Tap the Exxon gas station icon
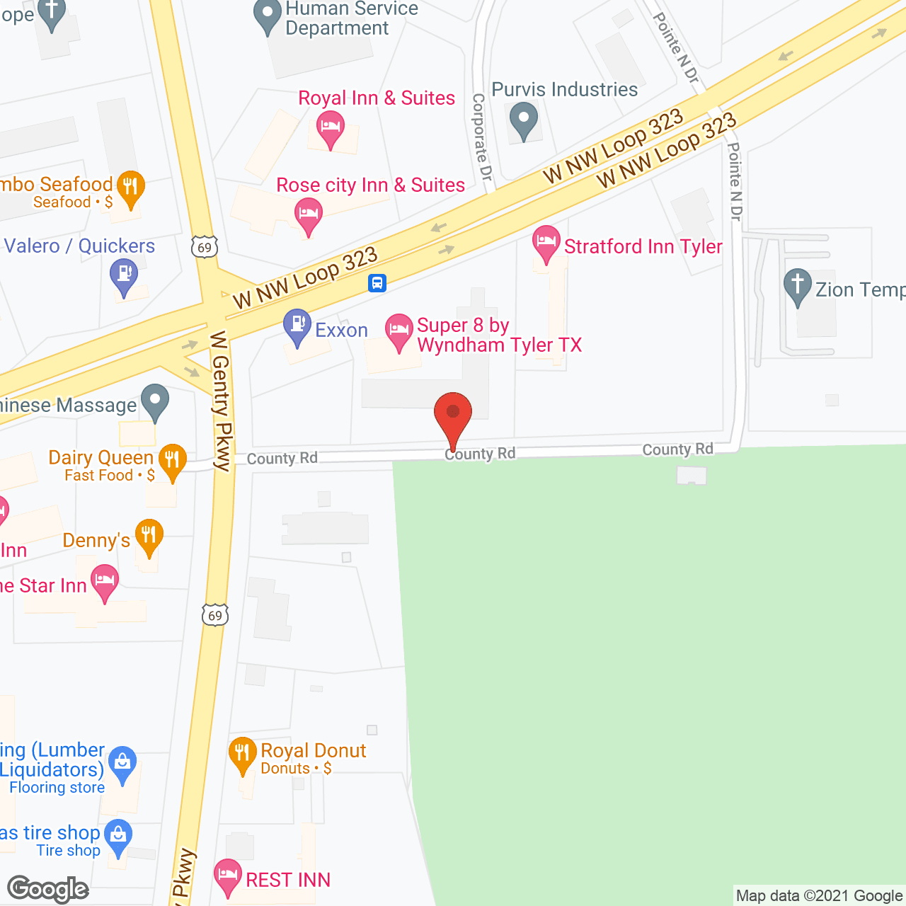pyautogui.click(x=297, y=326)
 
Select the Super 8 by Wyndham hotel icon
pyautogui.click(x=399, y=331)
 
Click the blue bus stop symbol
pyautogui.click(x=377, y=283)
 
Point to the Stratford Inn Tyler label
pyautogui.click(x=643, y=246)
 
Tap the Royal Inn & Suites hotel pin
pyautogui.click(x=331, y=129)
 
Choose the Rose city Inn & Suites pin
pyautogui.click(x=308, y=214)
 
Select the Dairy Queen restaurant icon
pyautogui.click(x=172, y=461)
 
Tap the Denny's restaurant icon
pyautogui.click(x=149, y=536)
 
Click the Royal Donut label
pyautogui.click(x=314, y=751)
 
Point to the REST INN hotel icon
pyautogui.click(x=228, y=876)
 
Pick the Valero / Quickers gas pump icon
pyautogui.click(x=125, y=275)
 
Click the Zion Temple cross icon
pyautogui.click(x=798, y=286)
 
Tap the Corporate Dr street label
pyautogui.click(x=481, y=137)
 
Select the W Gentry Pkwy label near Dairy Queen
pyautogui.click(x=221, y=401)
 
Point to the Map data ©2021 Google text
pyautogui.click(x=819, y=896)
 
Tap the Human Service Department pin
pyautogui.click(x=268, y=16)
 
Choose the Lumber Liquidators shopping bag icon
pyautogui.click(x=123, y=764)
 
